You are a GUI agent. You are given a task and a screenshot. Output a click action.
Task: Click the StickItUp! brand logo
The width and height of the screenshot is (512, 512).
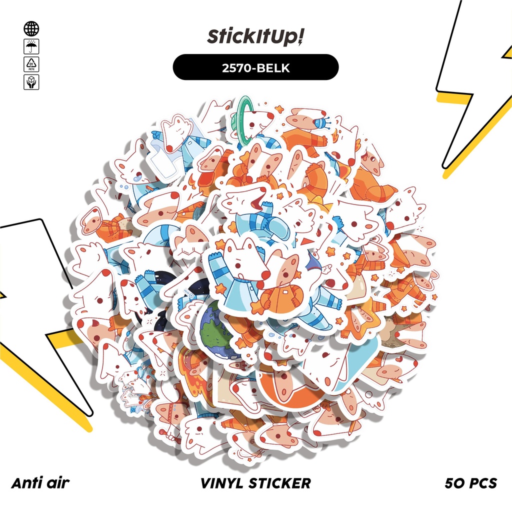pos(255,37)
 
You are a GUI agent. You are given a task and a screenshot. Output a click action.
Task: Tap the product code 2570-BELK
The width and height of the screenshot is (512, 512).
pos(255,67)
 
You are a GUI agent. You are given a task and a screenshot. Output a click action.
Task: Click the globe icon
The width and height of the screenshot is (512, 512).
pos(31,28)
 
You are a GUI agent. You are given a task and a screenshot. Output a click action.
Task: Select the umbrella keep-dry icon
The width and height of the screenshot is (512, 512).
pos(31,47)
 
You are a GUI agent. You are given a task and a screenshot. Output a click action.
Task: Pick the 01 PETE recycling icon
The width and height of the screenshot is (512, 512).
pos(31,64)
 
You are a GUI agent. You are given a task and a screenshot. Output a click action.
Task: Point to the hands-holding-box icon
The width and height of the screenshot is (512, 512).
pos(31,82)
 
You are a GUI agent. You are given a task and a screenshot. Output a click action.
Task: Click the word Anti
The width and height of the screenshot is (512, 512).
pos(26,483)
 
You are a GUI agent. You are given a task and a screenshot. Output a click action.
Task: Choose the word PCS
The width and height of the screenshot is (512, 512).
pos(483,483)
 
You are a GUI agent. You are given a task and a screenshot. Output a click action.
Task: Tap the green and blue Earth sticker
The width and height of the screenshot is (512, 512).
pos(215,330)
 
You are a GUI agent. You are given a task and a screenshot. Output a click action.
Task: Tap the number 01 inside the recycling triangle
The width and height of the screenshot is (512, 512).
pos(31,63)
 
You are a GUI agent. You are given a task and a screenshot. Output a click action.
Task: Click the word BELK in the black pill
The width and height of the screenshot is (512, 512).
pos(274,67)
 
